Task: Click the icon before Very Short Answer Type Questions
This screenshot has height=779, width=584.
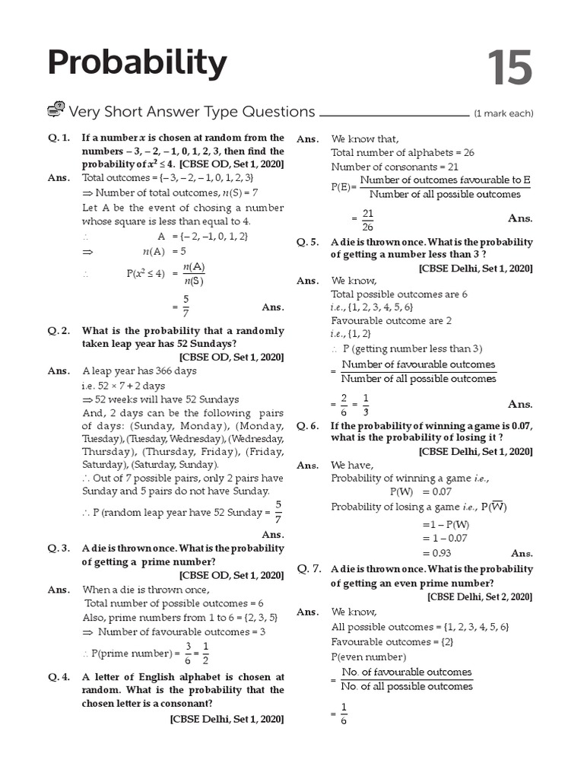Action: click(56, 110)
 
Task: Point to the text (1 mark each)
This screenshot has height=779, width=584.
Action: click(503, 114)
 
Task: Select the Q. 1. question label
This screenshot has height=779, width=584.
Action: click(59, 138)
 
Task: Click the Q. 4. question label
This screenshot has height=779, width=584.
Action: click(59, 676)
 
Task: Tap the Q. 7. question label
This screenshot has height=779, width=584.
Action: click(309, 568)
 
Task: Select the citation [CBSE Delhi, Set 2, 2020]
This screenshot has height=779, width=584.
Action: click(480, 597)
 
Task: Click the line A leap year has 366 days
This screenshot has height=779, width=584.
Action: click(139, 370)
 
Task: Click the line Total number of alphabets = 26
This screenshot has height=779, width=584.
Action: click(402, 152)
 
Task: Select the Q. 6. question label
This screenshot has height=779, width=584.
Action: click(309, 426)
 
